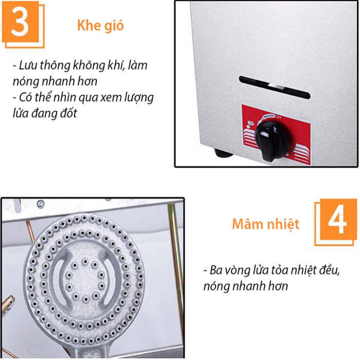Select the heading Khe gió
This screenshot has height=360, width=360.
tap(100, 26)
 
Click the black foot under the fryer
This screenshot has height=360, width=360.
tap(221, 152)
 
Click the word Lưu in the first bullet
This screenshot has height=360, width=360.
tap(28, 66)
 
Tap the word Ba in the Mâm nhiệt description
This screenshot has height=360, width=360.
tap(215, 270)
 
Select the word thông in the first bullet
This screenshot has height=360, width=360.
tap(55, 66)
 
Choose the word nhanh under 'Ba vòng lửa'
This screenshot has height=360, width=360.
tap(248, 286)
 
